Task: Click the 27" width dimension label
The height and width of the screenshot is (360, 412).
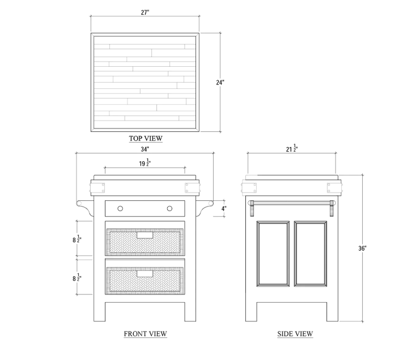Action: coord(145,12)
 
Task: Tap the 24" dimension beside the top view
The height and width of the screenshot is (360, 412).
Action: coord(220,83)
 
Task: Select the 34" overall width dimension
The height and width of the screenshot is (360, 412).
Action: coord(145,149)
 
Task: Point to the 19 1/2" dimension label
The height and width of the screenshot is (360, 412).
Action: coord(145,163)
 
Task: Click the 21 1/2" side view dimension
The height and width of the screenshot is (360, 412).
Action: coord(292,148)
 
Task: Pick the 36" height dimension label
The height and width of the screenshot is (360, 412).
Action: coord(362,248)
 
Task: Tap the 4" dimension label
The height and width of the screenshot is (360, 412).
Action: coord(224,209)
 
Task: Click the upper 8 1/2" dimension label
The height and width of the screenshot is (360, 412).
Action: coord(77,239)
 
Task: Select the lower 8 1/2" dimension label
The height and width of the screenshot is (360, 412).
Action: coord(77,277)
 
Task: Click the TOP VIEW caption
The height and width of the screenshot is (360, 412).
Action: coord(146,138)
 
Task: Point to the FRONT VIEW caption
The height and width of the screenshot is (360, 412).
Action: coord(145,334)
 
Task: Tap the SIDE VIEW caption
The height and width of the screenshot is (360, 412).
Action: coord(295,334)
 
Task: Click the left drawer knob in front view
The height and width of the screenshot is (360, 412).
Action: coord(120,209)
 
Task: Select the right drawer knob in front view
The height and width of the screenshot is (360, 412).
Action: coord(169,209)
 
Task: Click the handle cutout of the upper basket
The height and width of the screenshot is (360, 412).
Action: coord(145,235)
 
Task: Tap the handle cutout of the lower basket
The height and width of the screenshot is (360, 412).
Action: coord(145,273)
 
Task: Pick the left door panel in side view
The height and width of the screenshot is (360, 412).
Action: coord(273,254)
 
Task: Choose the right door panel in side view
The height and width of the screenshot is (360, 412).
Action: coord(311,254)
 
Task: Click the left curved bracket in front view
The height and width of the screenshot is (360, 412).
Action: coord(85,207)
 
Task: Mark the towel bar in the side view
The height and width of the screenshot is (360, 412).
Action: coord(292,203)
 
